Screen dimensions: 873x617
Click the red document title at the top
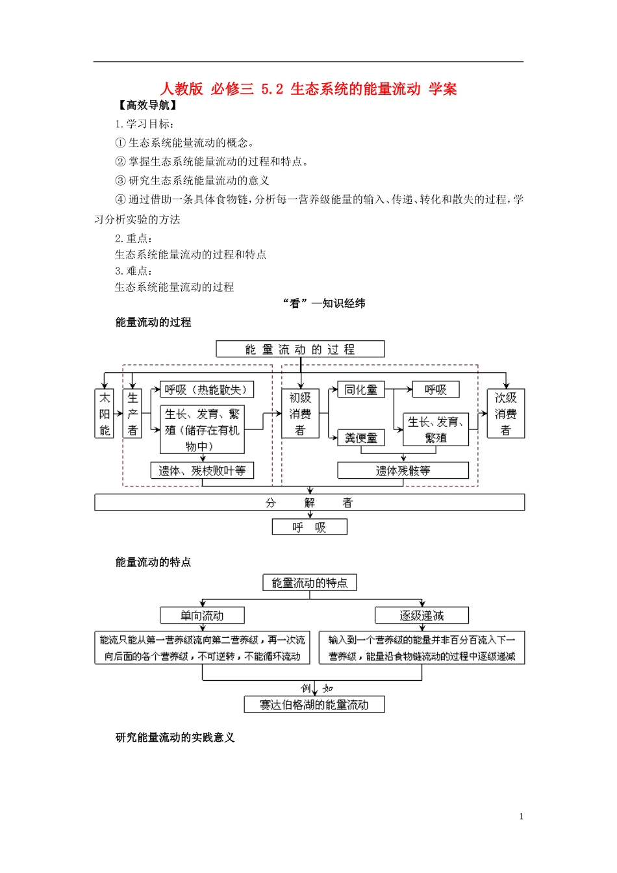(308, 89)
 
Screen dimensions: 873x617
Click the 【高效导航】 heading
(147, 105)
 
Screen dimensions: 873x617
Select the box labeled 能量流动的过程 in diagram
(300, 349)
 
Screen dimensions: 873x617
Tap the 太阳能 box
(105, 414)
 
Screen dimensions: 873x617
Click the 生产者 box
(132, 414)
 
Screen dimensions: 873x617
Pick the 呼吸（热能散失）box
(207, 390)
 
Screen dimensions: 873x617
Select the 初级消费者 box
(300, 414)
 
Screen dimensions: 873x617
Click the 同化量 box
(361, 390)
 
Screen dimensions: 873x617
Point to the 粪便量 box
(361, 438)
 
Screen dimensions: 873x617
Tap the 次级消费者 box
(505, 414)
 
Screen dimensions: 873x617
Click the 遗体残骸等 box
(403, 471)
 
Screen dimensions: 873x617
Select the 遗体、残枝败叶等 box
(202, 471)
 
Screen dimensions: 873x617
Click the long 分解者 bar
(309, 503)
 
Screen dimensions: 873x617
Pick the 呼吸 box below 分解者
(309, 527)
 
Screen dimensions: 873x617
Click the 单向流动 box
(202, 616)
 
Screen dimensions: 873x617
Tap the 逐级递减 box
(422, 616)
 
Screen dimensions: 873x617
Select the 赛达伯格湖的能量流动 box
(314, 705)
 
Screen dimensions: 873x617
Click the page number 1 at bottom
(521, 817)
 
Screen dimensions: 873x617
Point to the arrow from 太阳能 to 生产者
(119, 414)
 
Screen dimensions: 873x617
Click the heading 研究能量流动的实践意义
(175, 738)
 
